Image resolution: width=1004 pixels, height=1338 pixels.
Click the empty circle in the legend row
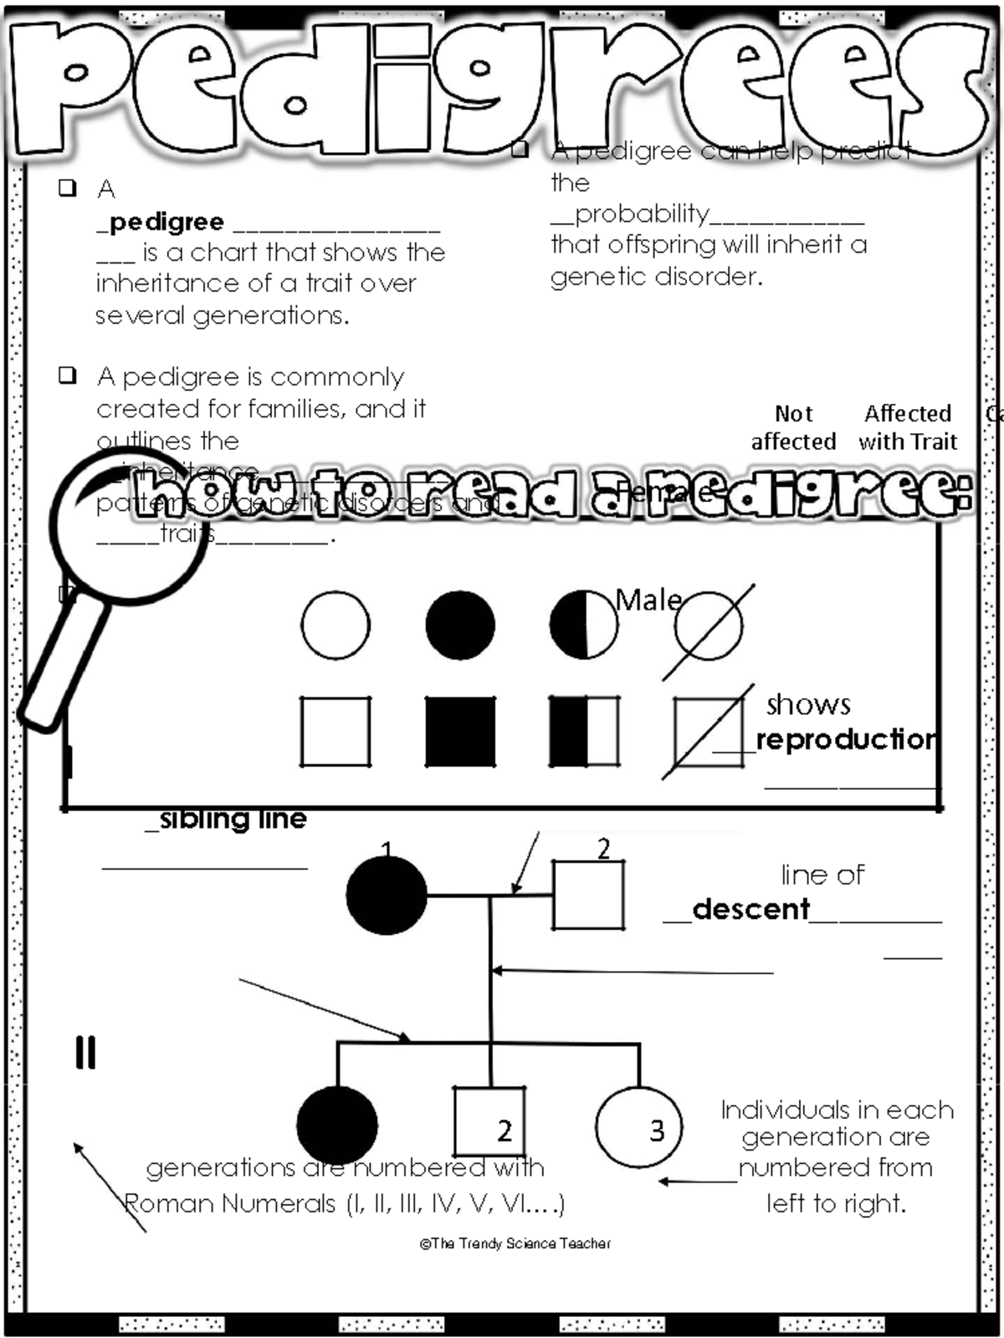point(336,625)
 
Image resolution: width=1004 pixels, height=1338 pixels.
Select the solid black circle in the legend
point(460,625)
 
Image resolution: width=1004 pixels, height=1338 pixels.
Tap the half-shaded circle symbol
point(584,625)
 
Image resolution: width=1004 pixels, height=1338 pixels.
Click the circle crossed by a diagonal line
point(708,626)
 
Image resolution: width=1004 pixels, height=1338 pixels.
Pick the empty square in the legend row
point(336,732)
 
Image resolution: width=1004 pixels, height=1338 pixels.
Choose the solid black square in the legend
point(460,732)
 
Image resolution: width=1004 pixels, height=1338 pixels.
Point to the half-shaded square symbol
point(584,732)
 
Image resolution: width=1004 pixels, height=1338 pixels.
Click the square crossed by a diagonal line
point(708,733)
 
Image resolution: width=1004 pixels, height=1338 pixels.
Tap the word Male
point(648,600)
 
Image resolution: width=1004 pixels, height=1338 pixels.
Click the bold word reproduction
point(845,739)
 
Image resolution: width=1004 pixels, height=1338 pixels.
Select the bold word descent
point(750,909)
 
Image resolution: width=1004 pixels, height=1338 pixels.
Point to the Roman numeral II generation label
point(85,1053)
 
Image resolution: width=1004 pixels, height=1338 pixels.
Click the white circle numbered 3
point(639,1126)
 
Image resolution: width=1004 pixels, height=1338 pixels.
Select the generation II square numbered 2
point(489,1122)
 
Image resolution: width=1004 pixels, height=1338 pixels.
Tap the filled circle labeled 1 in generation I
point(387,895)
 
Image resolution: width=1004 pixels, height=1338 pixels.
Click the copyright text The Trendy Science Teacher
point(515,1244)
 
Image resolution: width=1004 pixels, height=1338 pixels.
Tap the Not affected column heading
point(793,427)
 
